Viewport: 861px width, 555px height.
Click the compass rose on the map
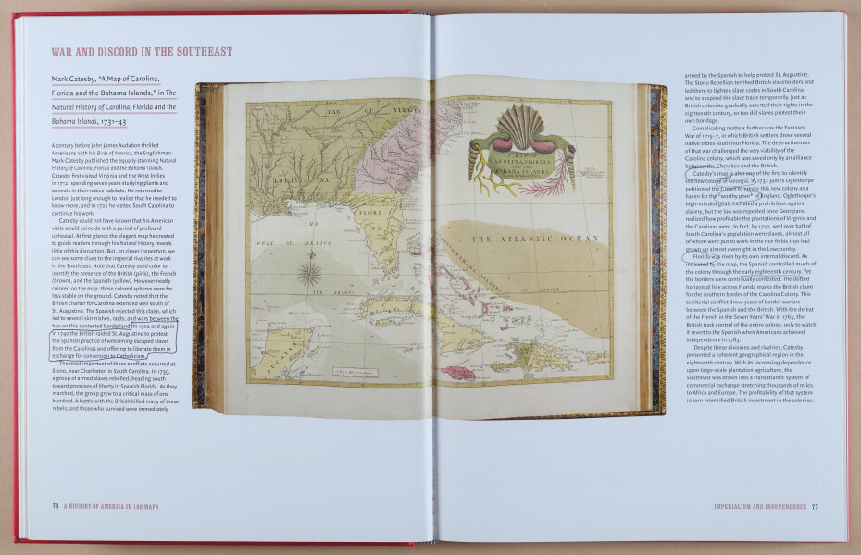pyautogui.click(x=309, y=272)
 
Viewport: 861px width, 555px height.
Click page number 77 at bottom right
pyautogui.click(x=815, y=506)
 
